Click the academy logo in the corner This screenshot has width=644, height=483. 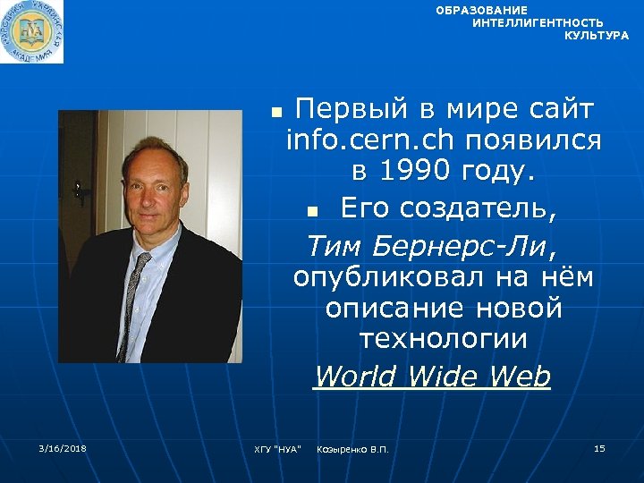(x=32, y=32)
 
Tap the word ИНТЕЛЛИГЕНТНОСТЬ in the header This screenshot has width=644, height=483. (x=538, y=22)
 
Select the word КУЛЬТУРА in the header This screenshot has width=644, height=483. (x=597, y=35)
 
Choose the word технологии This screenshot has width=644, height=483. (x=443, y=339)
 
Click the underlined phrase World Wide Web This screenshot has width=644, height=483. (x=432, y=377)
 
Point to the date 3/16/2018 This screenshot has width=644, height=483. (x=63, y=447)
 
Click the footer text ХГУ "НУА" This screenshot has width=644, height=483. (x=277, y=448)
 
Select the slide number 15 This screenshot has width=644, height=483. (x=599, y=447)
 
